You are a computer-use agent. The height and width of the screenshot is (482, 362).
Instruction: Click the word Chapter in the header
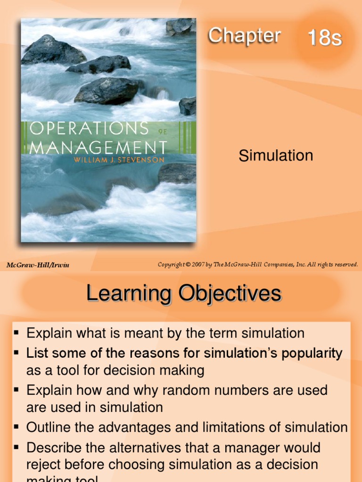coord(244,36)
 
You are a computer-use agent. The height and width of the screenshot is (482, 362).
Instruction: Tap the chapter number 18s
coord(324,38)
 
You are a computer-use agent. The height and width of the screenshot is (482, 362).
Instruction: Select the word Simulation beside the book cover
coord(276,155)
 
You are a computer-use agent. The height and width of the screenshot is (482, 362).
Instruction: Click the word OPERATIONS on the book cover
coord(89,129)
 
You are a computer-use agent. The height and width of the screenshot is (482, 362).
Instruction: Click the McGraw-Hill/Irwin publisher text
coord(38,265)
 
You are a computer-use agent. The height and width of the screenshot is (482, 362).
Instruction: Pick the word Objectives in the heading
coord(229,294)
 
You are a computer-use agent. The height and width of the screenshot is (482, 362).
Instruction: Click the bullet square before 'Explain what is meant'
coord(16,333)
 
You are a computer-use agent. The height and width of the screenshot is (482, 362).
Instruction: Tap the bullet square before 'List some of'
coord(16,352)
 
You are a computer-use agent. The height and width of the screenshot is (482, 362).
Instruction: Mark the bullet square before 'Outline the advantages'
coord(16,427)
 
